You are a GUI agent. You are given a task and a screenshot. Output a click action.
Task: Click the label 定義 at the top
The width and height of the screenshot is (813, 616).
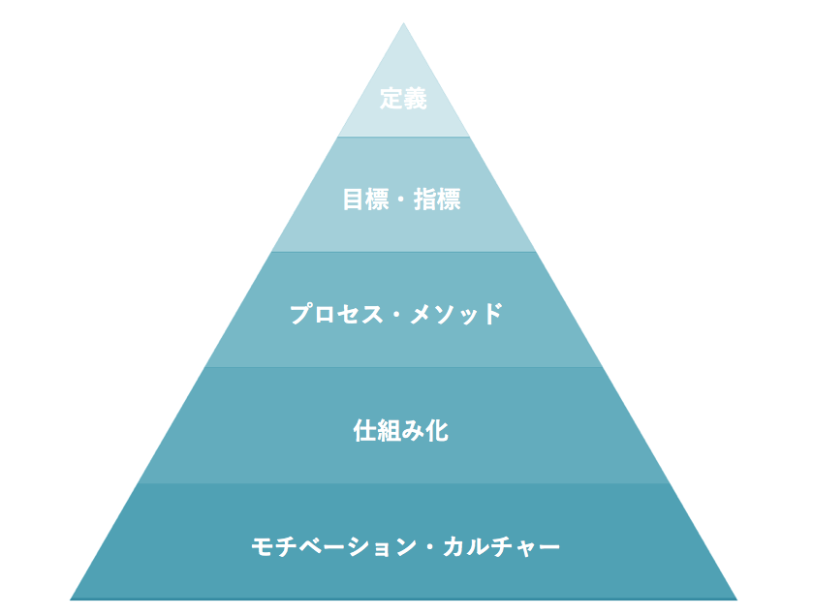tap(403, 99)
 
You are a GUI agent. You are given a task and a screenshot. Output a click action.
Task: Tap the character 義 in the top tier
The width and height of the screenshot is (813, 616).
tap(416, 99)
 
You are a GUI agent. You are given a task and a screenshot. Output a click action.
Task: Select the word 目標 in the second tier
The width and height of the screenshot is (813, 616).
tap(365, 200)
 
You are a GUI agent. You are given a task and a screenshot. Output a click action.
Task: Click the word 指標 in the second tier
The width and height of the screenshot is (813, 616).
tap(437, 200)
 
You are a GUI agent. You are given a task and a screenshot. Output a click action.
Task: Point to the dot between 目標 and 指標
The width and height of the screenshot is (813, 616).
tap(401, 200)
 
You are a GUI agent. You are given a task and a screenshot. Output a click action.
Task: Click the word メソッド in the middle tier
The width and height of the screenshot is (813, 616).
tap(456, 314)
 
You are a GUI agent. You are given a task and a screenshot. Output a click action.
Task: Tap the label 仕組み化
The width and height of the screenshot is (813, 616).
tap(401, 430)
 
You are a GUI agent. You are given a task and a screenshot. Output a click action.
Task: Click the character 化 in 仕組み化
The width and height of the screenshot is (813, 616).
tap(437, 430)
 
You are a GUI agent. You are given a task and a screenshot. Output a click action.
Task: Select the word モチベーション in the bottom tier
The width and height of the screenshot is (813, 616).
tap(334, 546)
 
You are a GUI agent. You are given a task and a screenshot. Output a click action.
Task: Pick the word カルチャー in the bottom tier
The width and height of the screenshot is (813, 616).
tap(501, 546)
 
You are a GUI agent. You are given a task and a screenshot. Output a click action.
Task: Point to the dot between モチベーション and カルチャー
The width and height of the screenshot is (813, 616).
tap(430, 547)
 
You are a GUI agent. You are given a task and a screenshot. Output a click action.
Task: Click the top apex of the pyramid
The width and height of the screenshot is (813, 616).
tap(403, 23)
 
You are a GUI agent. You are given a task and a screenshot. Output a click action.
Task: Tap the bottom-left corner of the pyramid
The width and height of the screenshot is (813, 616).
tap(70, 600)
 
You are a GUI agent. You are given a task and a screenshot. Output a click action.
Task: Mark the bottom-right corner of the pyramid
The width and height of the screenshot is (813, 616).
tap(736, 600)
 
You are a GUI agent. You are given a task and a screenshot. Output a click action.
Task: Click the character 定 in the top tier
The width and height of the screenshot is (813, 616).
tap(391, 99)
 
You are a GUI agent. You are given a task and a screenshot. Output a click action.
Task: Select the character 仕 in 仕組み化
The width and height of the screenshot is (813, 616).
tap(364, 430)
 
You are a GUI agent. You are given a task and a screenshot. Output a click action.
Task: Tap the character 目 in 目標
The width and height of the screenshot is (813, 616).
tap(354, 200)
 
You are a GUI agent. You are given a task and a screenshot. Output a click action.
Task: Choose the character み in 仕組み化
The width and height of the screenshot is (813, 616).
tap(413, 430)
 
